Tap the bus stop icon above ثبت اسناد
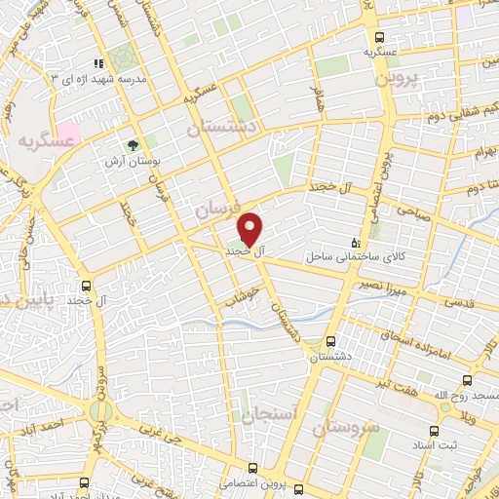[x=434, y=403]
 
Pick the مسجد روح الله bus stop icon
[x=469, y=380]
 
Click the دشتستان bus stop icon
[x=331, y=342]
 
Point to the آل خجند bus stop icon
[x=88, y=287]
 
